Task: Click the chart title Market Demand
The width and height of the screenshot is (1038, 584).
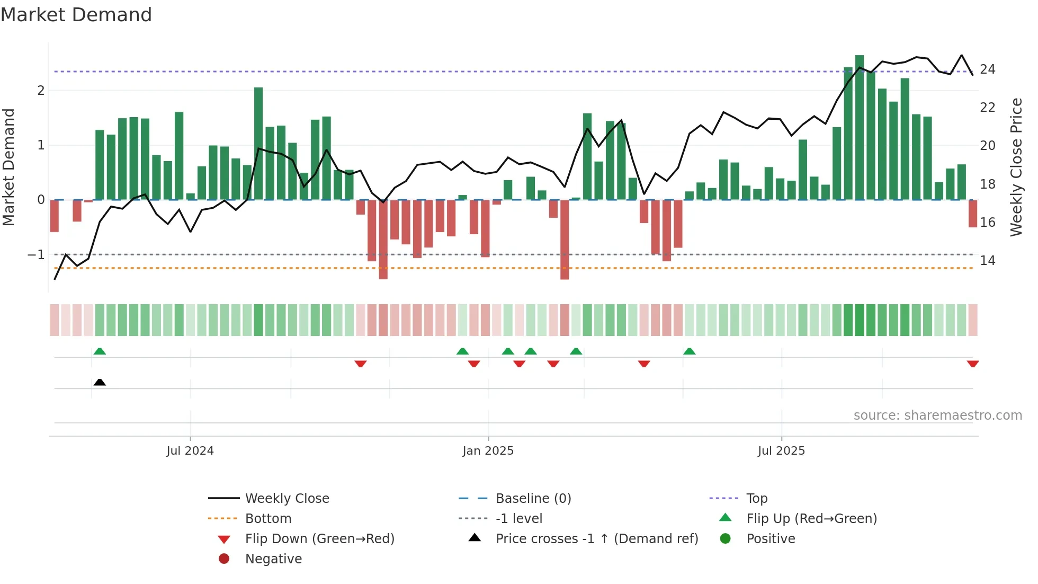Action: [x=76, y=15]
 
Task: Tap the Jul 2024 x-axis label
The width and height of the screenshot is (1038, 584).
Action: [x=190, y=451]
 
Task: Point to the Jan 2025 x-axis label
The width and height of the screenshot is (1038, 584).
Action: [x=488, y=451]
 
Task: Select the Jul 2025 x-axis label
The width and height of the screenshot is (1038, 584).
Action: [x=781, y=451]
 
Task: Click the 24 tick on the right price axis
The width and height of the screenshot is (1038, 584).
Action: [x=987, y=69]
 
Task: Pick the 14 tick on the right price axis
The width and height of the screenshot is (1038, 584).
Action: [x=987, y=261]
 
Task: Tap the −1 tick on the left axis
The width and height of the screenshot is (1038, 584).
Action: [x=37, y=255]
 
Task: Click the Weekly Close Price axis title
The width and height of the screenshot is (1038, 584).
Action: [x=1016, y=167]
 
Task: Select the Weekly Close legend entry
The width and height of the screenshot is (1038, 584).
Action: [x=287, y=499]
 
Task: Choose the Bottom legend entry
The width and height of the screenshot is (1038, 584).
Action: [x=268, y=519]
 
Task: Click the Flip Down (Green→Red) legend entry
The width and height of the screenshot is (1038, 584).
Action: [x=319, y=539]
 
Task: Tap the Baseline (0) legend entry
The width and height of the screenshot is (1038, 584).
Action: [x=533, y=499]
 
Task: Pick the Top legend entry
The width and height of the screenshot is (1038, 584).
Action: [x=757, y=499]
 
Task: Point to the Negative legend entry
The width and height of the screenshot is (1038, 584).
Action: [x=273, y=559]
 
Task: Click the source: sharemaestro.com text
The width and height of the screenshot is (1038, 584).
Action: [x=937, y=415]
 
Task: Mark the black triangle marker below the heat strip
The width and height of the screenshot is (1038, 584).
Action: [x=100, y=382]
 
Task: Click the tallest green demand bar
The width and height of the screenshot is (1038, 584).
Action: [x=860, y=127]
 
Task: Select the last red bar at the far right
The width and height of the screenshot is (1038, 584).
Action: [x=973, y=214]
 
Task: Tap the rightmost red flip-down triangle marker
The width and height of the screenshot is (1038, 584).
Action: [x=973, y=364]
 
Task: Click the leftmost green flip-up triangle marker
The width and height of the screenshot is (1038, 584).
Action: [x=100, y=351]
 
